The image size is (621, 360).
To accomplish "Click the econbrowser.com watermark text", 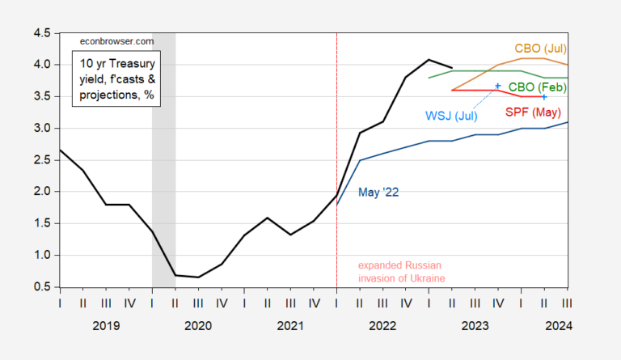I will point(116,40).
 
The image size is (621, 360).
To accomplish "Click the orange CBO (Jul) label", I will point(541,48).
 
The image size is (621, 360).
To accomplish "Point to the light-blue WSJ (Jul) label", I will point(451,116).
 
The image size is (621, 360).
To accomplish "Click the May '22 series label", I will point(378,193).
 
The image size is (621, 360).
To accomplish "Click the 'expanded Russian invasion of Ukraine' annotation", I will point(400,272).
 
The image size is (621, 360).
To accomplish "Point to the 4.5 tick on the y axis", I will point(40,33).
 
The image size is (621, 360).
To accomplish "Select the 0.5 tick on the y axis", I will point(40,287).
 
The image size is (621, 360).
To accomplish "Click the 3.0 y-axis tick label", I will point(40,129).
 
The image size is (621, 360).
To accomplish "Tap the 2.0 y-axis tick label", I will point(40,192).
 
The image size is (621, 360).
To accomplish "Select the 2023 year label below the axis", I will point(474,324).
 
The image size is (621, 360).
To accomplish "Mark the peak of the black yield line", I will point(429,60).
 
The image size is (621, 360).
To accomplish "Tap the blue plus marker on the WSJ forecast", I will point(498,86).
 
